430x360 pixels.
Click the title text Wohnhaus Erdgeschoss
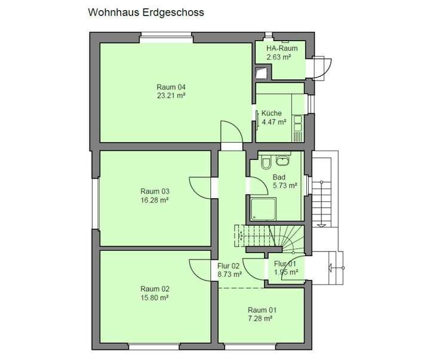point(146,12)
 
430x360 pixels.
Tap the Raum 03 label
point(155,191)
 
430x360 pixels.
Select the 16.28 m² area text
point(155,200)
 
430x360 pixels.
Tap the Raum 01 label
point(262,310)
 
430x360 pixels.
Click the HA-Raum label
point(281,48)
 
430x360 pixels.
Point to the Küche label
point(271,113)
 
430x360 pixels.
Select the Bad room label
point(279,177)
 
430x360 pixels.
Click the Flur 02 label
point(229,266)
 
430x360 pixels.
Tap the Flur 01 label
point(285,263)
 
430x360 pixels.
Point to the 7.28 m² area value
point(262,319)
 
